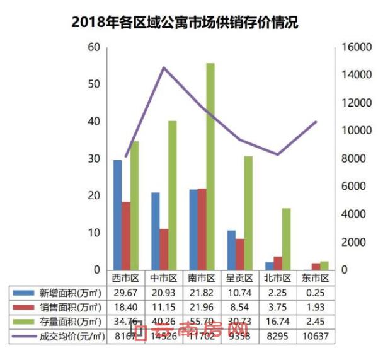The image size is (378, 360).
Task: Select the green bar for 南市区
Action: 210,166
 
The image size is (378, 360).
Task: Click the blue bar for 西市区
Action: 117,214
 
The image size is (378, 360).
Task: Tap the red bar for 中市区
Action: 164,249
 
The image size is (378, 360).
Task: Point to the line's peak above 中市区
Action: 164,67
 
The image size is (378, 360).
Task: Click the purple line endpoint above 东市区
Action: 316,122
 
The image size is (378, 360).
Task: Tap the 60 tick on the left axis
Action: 94,47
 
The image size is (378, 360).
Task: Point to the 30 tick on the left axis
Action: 94,159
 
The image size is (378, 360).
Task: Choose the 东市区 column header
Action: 315,278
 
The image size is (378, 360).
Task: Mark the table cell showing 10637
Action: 315,337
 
